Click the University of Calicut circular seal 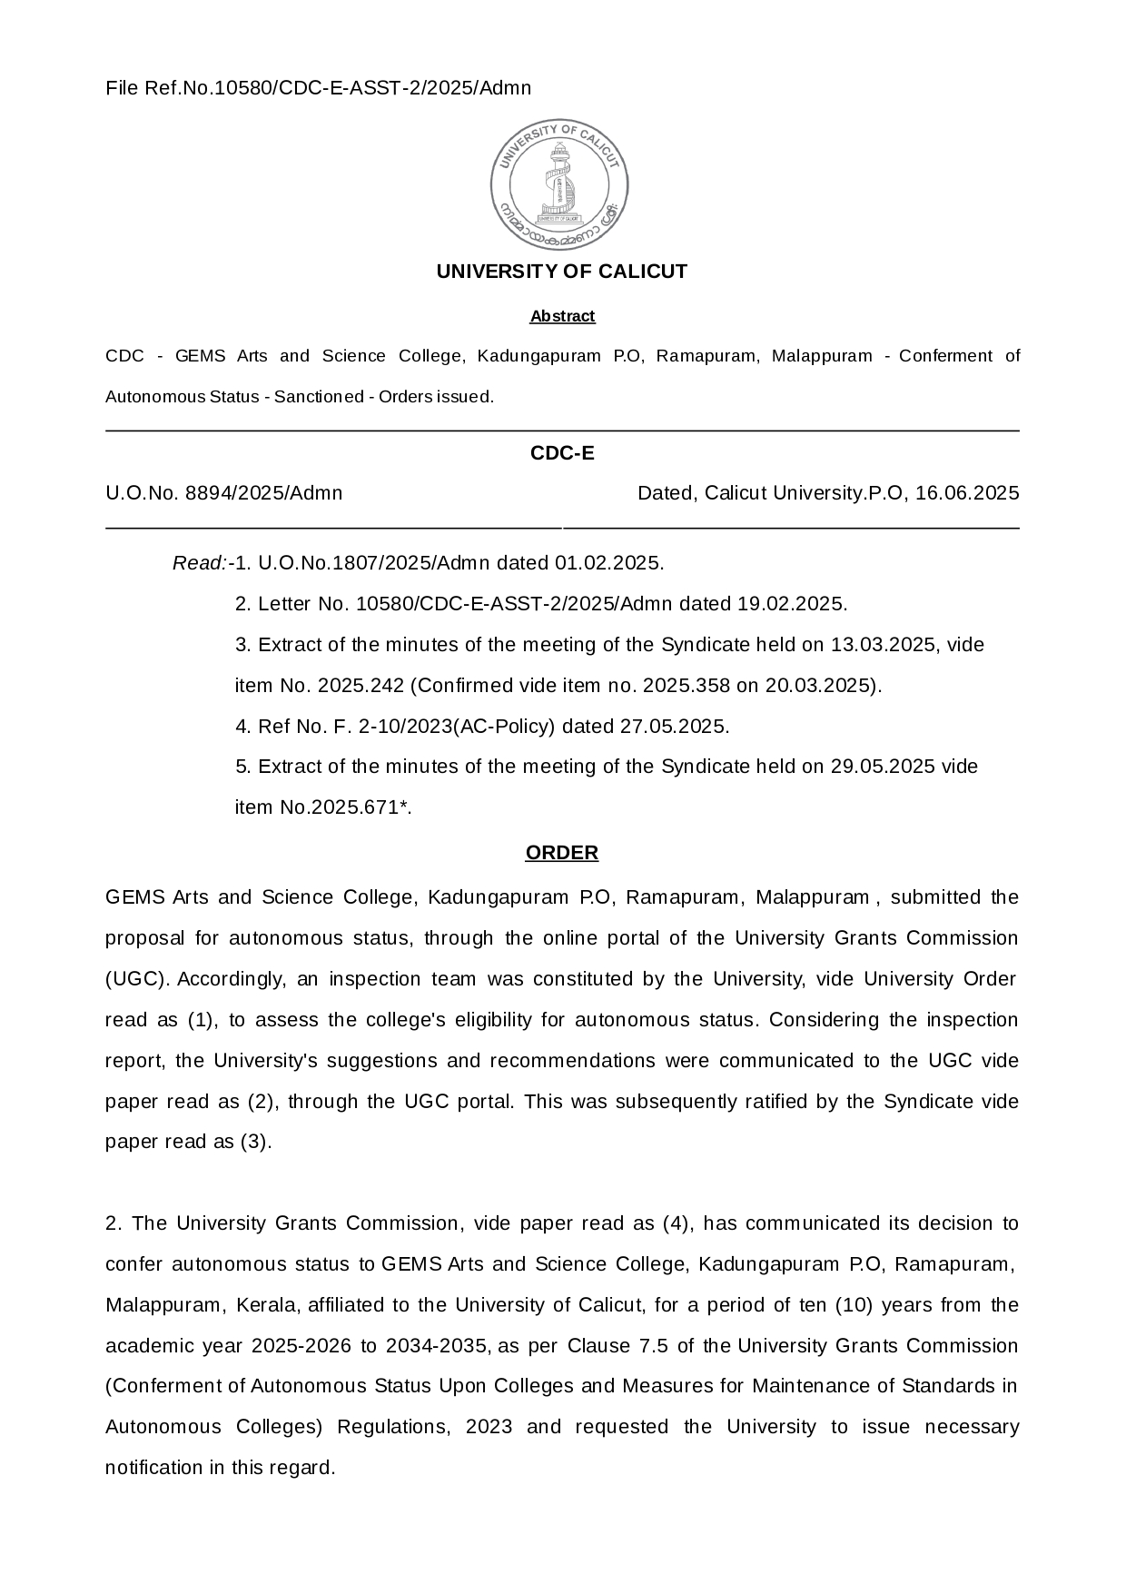coord(559,184)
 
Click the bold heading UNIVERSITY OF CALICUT coord(562,272)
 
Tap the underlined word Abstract coord(562,316)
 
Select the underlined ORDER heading coord(562,853)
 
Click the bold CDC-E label coord(562,453)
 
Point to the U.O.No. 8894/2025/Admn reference coord(224,493)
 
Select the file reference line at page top coord(318,88)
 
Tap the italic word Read coord(198,563)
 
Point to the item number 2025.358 coord(686,686)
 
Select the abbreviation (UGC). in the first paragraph coord(138,979)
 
